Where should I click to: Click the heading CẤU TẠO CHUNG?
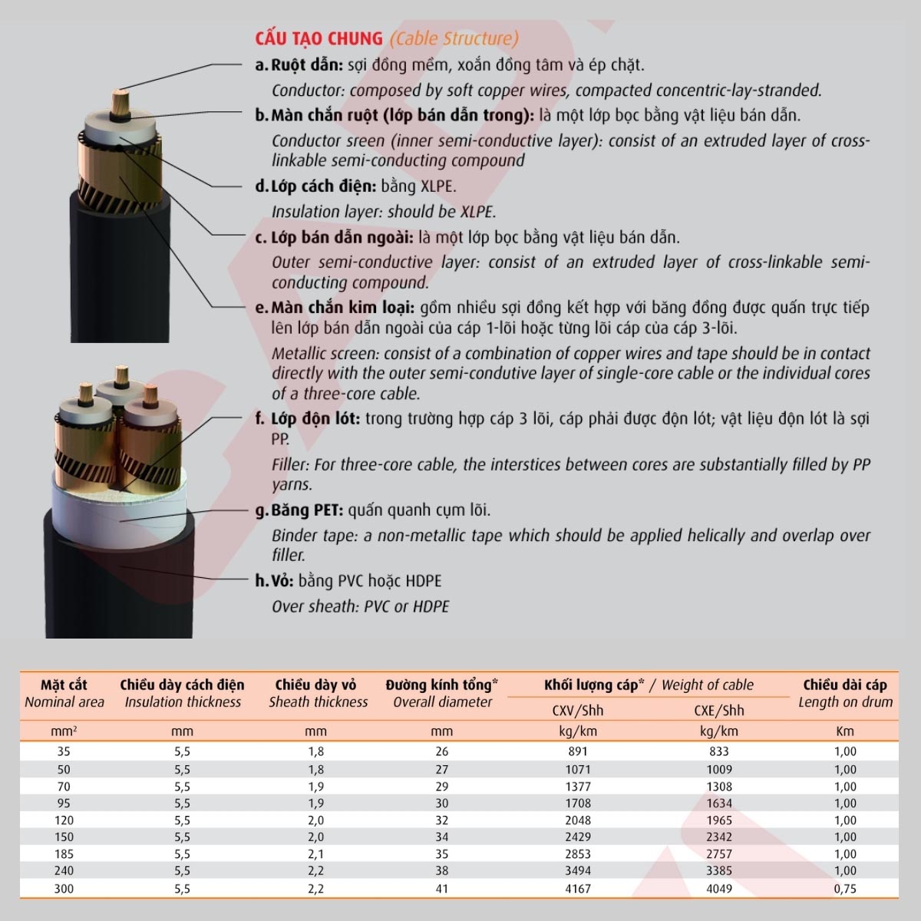click(319, 38)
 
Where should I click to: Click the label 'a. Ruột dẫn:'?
click(299, 65)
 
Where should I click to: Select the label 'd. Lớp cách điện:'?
click(315, 187)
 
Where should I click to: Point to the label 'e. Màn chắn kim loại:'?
click(335, 308)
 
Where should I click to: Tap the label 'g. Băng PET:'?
click(299, 510)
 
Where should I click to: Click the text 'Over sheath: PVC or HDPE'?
click(360, 606)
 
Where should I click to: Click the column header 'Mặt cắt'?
click(64, 685)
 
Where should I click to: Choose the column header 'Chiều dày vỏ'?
click(315, 685)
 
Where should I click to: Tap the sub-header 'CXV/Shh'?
click(578, 710)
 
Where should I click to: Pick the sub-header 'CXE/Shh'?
click(719, 710)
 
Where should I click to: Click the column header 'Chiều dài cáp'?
click(844, 685)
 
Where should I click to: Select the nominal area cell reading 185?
click(64, 853)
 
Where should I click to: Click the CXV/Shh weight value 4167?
click(578, 889)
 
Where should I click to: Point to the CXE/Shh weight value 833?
click(719, 752)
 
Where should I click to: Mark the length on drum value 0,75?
click(844, 889)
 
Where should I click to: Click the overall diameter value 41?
click(442, 889)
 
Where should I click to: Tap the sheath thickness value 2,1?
click(315, 853)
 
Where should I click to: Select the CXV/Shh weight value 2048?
click(578, 820)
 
